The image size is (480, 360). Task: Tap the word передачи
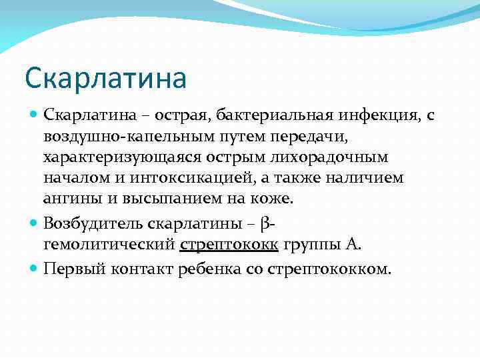pyautogui.click(x=308, y=137)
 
